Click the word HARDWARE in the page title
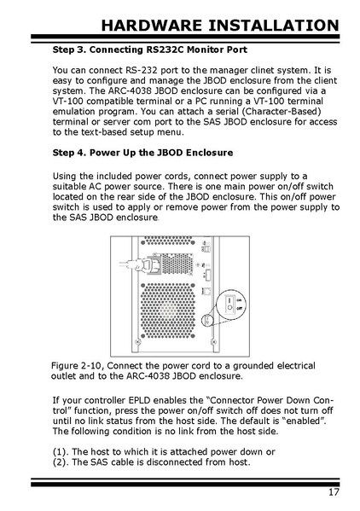click(152, 26)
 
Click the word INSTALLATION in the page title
click(274, 26)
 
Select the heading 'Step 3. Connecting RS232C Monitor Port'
click(150, 49)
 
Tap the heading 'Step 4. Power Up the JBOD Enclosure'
click(142, 153)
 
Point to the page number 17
click(334, 491)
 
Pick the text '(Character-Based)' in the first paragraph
click(282, 112)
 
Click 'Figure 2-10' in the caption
click(78, 366)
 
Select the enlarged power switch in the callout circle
click(230, 304)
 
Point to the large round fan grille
click(168, 311)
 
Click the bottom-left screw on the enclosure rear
click(137, 342)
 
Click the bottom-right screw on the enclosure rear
click(214, 342)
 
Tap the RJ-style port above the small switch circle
click(206, 291)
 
